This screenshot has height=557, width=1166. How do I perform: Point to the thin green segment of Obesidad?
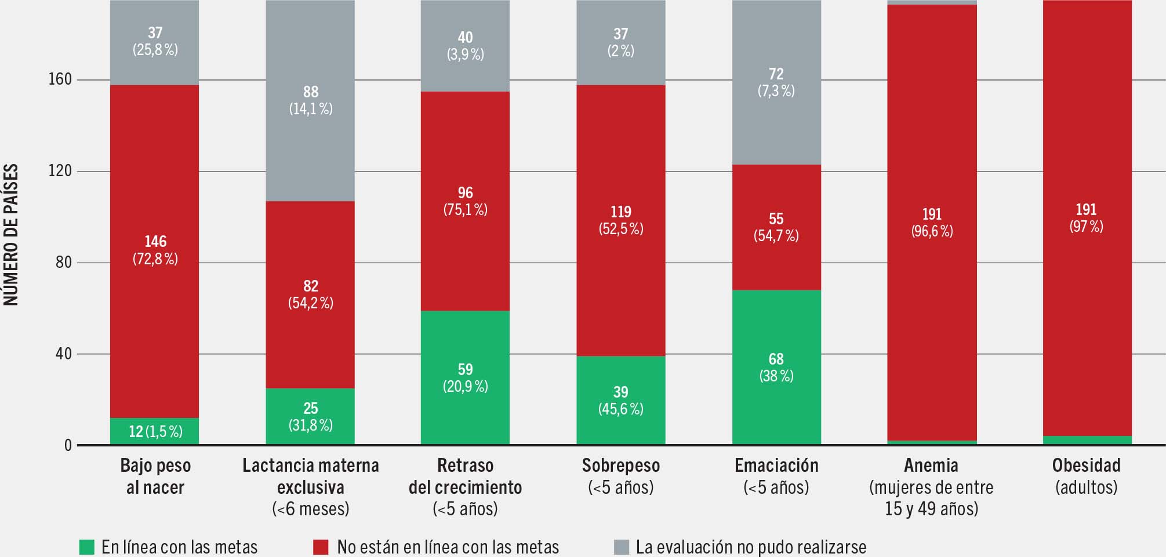pyautogui.click(x=1087, y=440)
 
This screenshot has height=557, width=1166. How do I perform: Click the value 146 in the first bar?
pyautogui.click(x=155, y=242)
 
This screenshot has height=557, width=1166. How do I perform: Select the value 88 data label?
pyautogui.click(x=311, y=92)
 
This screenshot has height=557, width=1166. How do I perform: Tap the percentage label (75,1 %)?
pyautogui.click(x=465, y=210)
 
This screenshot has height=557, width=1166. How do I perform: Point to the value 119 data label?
pyautogui.click(x=620, y=212)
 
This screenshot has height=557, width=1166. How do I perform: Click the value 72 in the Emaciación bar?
pyautogui.click(x=776, y=74)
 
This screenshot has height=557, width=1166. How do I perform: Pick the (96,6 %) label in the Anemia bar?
pyautogui.click(x=932, y=231)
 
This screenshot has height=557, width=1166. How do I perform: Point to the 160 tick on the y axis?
pyautogui.click(x=60, y=79)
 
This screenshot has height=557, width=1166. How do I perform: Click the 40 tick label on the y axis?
pyautogui.click(x=63, y=354)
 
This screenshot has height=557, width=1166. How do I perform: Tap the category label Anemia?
pyautogui.click(x=931, y=465)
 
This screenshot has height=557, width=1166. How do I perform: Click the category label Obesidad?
pyautogui.click(x=1087, y=465)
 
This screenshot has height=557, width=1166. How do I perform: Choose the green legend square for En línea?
pyautogui.click(x=86, y=547)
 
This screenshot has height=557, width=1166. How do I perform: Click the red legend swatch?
pyautogui.click(x=321, y=547)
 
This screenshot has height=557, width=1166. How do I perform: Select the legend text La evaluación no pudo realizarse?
pyautogui.click(x=751, y=547)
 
